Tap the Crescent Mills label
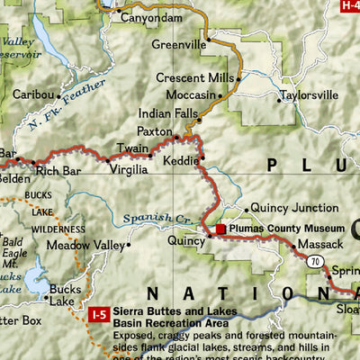click(x=193, y=78)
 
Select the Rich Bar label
click(x=58, y=170)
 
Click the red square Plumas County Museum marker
click(x=220, y=229)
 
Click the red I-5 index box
click(x=100, y=314)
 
